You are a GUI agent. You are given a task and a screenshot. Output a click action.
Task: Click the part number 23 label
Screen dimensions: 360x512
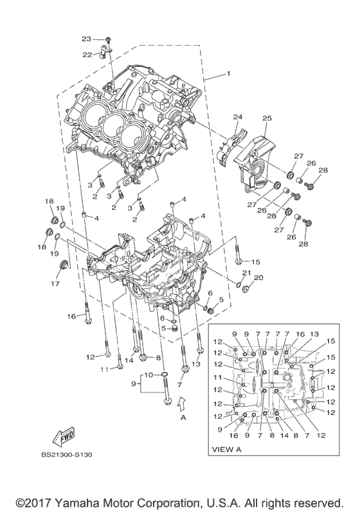tap(86, 39)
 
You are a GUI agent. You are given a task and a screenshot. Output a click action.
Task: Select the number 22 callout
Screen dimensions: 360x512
tap(87, 55)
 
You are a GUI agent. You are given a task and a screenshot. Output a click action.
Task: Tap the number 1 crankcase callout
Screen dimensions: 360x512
tap(228, 74)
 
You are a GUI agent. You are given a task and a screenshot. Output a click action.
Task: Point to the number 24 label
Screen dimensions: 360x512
tap(238, 117)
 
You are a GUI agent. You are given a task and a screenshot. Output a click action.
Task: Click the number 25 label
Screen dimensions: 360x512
tap(267, 118)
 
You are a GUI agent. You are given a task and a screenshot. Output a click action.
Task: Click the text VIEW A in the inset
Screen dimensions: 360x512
tap(227, 449)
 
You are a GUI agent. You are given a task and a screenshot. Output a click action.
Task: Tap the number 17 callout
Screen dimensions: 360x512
tap(55, 283)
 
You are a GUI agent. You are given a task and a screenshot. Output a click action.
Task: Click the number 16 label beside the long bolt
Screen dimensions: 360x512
tap(71, 316)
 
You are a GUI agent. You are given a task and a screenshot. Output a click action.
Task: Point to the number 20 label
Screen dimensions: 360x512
tap(258, 278)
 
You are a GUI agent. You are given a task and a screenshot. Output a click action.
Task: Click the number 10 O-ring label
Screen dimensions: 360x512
tap(148, 375)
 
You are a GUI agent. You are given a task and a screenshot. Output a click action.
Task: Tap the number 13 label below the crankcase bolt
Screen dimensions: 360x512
tap(195, 364)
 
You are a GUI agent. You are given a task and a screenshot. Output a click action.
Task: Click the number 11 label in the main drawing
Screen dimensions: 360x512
tap(104, 369)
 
